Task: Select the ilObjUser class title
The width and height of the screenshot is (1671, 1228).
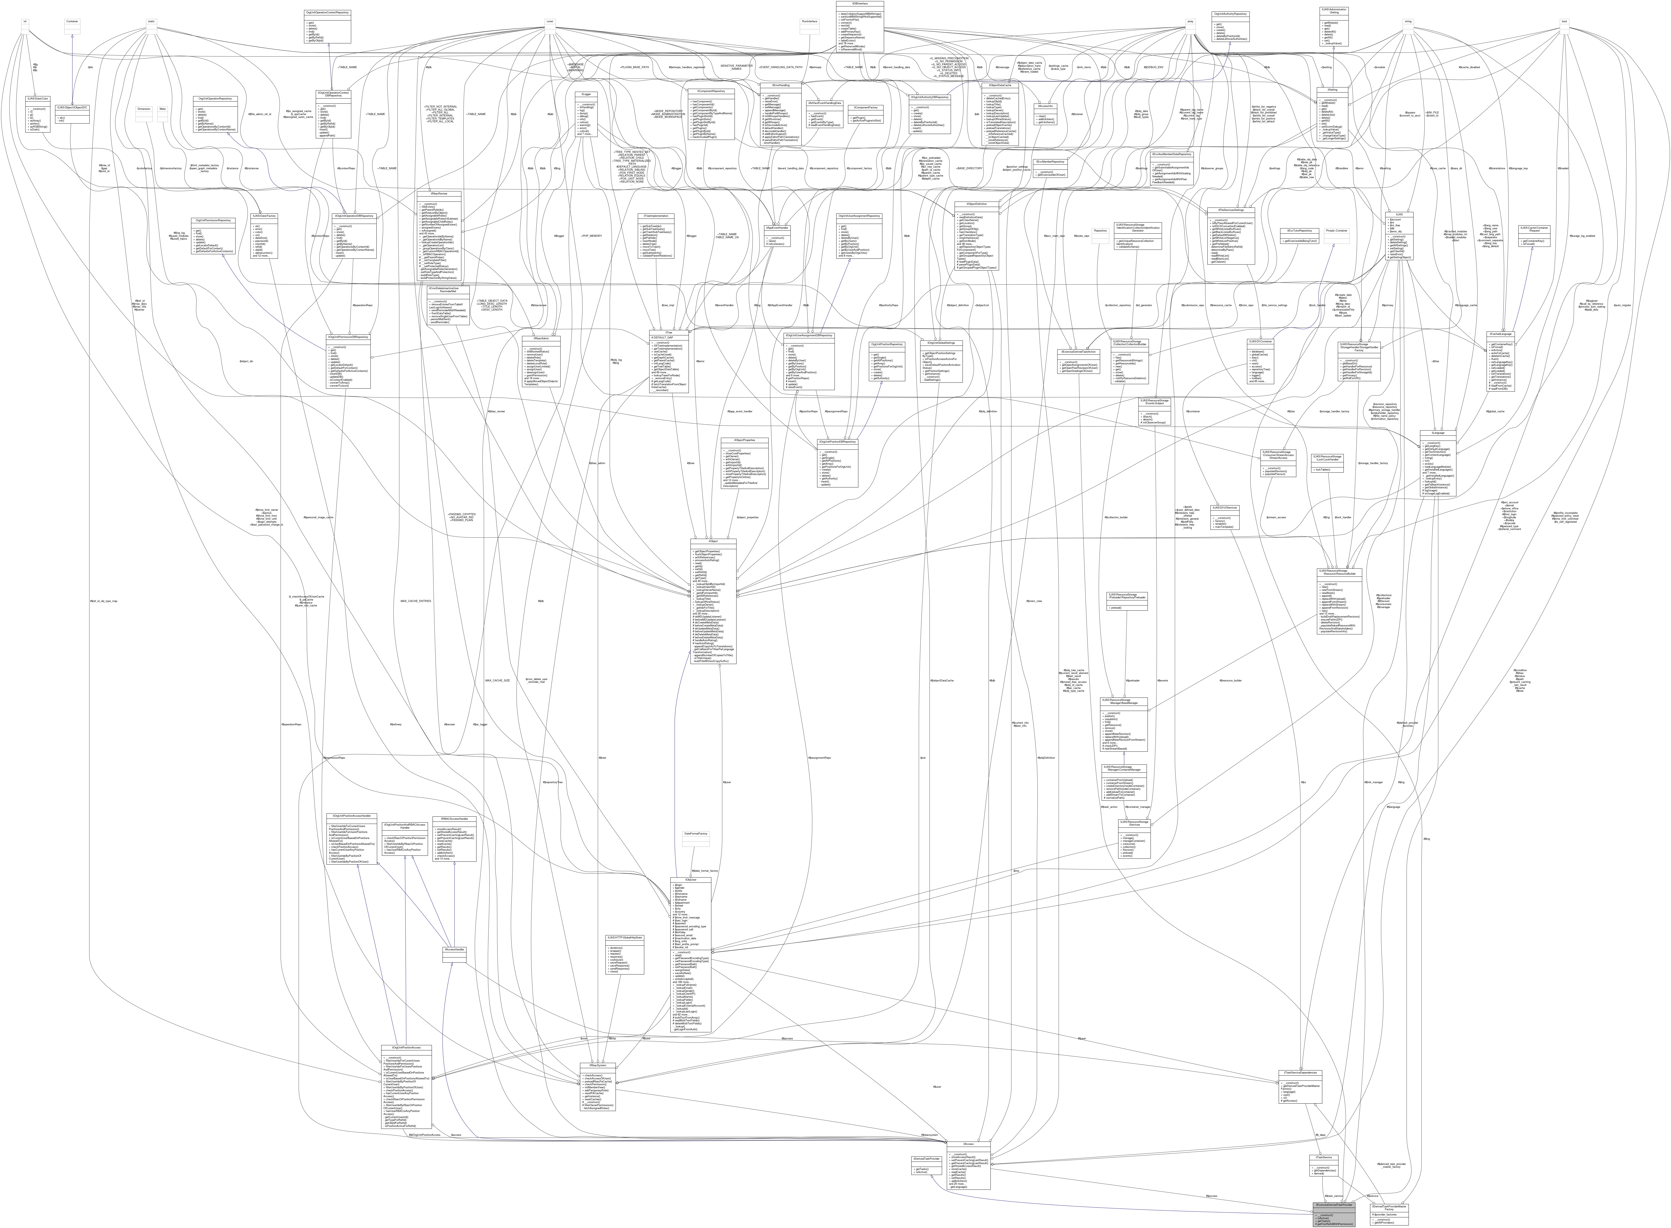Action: click(x=690, y=879)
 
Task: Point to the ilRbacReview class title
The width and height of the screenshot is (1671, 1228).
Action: click(x=440, y=193)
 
